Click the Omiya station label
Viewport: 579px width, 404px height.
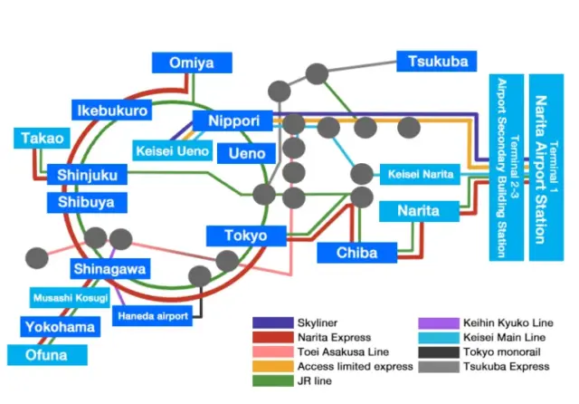coord(191,63)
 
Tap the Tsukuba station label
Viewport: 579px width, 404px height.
coord(438,62)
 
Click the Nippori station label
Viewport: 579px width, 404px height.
coord(233,121)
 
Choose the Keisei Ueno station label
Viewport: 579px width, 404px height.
coord(172,150)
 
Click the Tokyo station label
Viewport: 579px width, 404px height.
coord(245,236)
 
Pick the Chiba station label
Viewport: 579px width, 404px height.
coord(356,252)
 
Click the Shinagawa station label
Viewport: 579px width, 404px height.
coord(109,269)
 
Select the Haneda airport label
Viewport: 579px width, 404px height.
coord(151,316)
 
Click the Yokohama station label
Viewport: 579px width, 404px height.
coord(59,327)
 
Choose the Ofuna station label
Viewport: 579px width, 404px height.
coord(46,355)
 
